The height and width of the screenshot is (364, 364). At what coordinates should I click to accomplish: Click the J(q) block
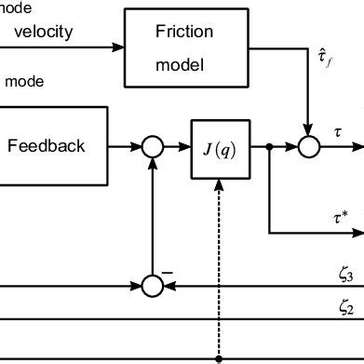click(219, 145)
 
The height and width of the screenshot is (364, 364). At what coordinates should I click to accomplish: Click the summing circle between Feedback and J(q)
click(152, 145)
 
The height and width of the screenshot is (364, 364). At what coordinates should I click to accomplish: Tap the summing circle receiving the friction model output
click(308, 145)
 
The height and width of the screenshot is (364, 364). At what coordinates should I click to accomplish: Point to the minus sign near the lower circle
click(169, 269)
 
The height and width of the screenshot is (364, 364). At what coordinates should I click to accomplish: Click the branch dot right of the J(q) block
click(269, 145)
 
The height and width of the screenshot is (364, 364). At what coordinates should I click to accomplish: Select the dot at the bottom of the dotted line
click(219, 357)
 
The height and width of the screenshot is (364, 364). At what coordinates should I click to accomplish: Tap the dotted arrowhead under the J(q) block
click(219, 182)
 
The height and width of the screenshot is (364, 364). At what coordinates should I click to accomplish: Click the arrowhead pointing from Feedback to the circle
click(136, 145)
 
